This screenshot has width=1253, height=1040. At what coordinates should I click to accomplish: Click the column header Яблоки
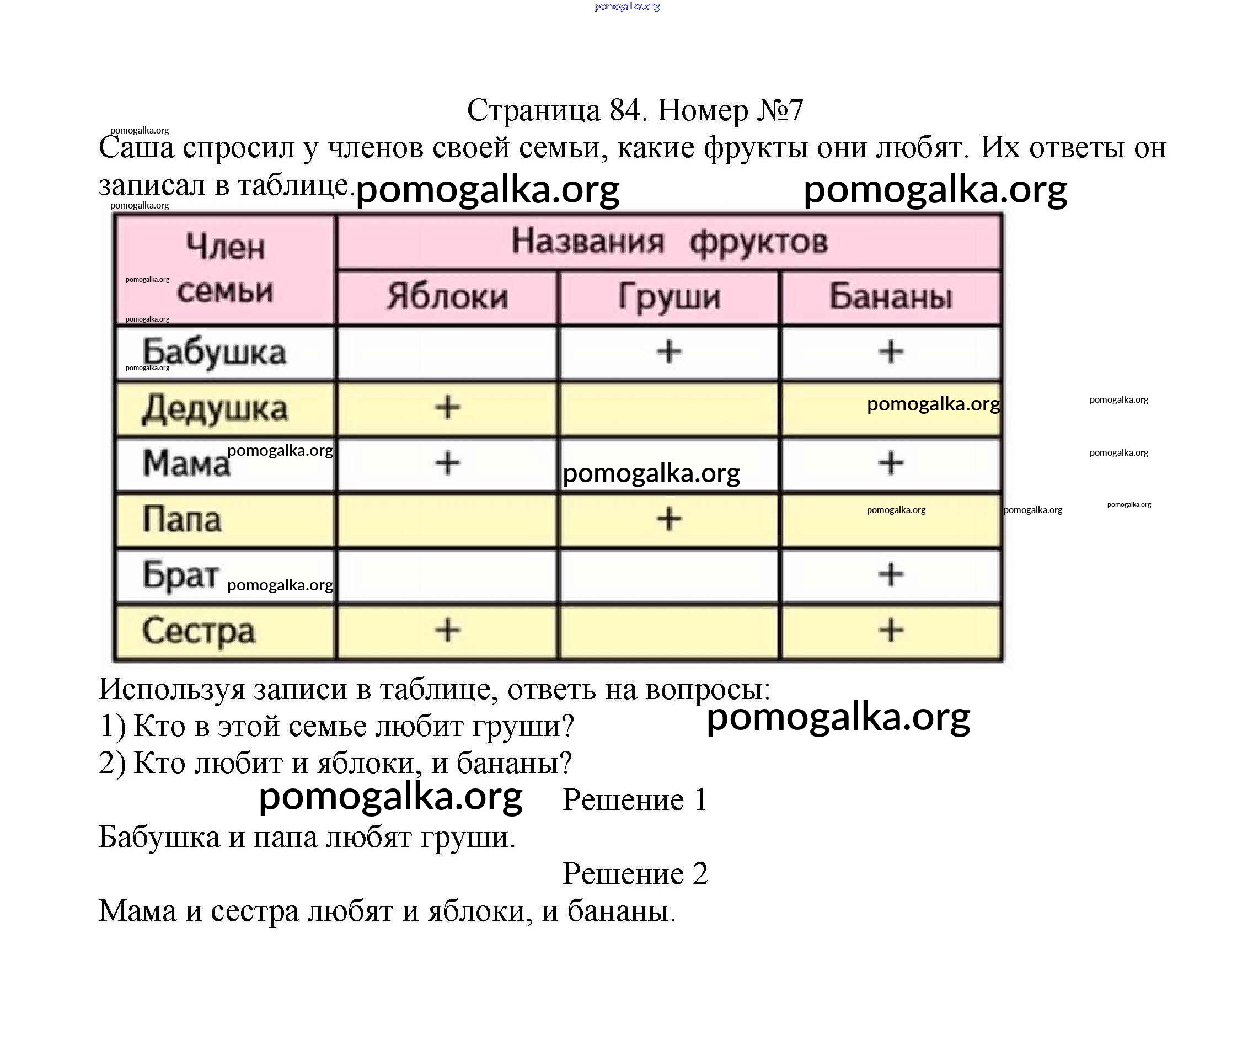(447, 297)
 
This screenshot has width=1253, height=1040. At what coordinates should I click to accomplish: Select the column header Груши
(669, 297)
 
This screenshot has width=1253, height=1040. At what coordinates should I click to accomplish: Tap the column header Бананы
(890, 297)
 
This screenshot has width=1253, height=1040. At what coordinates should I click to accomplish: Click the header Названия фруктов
(669, 242)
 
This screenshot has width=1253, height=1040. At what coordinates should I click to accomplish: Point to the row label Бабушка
(214, 352)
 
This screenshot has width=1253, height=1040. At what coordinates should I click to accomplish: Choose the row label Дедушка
(215, 409)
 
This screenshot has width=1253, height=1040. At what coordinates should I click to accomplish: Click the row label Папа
(182, 519)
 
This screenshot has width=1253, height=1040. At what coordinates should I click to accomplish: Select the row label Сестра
(199, 631)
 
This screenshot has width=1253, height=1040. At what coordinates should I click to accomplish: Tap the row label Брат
(180, 575)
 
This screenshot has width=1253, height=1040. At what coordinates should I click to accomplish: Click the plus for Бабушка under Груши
(669, 351)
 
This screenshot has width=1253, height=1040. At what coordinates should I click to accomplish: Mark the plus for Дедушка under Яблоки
(447, 408)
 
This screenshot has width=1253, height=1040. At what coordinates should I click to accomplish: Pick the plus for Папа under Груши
(669, 519)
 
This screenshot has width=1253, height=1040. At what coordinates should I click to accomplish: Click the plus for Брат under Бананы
(890, 574)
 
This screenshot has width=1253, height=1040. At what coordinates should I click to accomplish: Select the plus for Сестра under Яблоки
(447, 630)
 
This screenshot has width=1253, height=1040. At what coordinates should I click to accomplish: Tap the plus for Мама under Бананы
(890, 463)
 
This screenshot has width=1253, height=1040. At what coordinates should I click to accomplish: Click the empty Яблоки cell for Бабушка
(447, 352)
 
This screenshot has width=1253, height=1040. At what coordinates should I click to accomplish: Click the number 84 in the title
(625, 110)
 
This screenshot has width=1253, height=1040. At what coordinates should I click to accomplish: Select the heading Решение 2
(635, 873)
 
